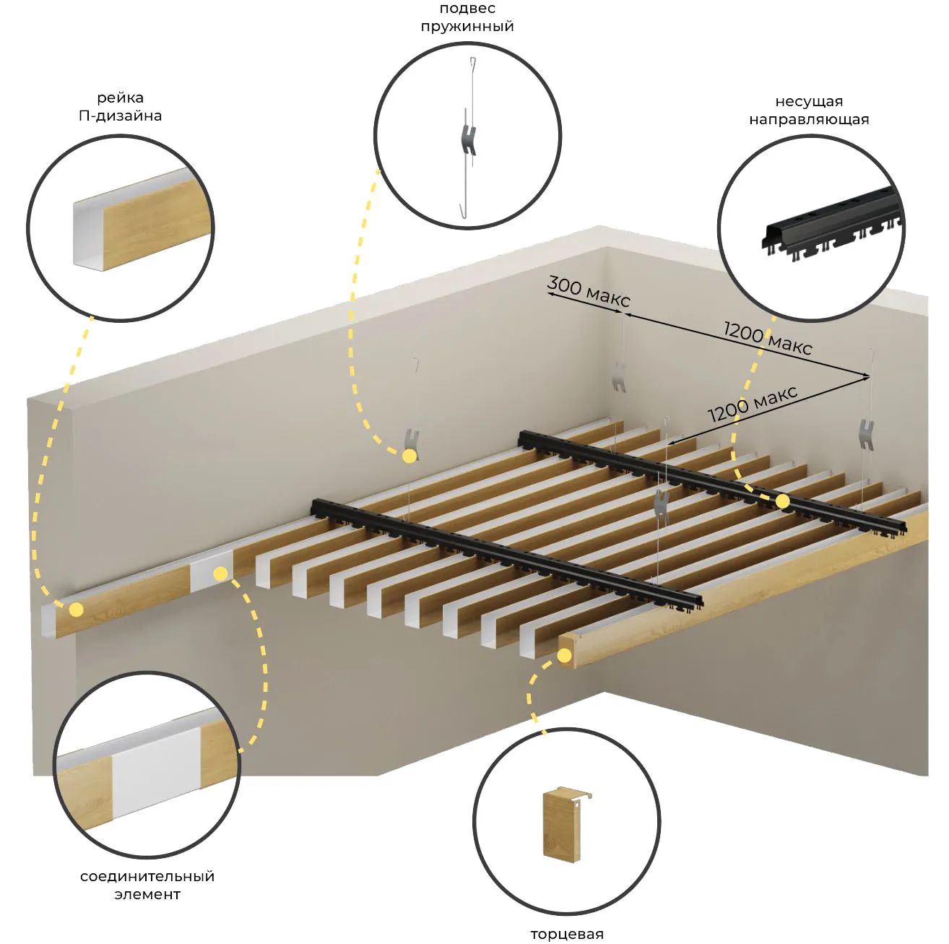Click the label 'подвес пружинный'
pyautogui.click(x=467, y=17)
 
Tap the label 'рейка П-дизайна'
pyautogui.click(x=120, y=106)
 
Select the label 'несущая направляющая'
pyautogui.click(x=809, y=110)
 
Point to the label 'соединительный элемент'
pyautogui.click(x=147, y=885)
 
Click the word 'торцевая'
pyautogui.click(x=567, y=934)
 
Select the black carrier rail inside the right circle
pyautogui.click(x=832, y=223)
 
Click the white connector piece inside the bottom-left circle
pyautogui.click(x=157, y=771)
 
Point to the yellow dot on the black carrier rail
pyautogui.click(x=783, y=501)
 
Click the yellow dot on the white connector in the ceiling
pyautogui.click(x=220, y=573)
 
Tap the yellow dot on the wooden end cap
pyautogui.click(x=564, y=655)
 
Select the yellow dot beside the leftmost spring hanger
pyautogui.click(x=409, y=456)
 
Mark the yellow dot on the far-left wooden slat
pyautogui.click(x=77, y=610)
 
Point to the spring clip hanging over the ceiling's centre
pyautogui.click(x=661, y=506)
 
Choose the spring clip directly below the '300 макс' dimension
pyautogui.click(x=619, y=377)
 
